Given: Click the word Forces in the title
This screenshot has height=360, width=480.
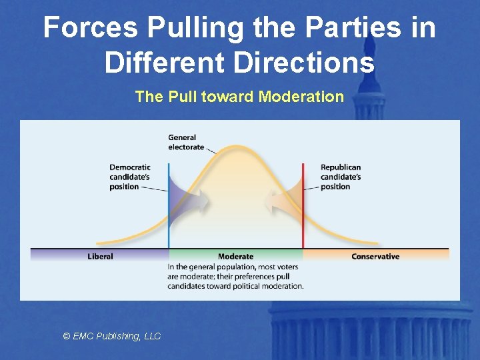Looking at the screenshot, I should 90,28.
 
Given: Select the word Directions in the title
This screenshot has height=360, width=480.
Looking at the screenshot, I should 306,63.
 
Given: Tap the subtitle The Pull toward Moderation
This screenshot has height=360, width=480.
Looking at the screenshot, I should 239,97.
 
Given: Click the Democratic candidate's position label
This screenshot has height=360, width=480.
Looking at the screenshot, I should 130,177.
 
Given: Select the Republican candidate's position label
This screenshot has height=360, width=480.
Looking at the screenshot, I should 341,177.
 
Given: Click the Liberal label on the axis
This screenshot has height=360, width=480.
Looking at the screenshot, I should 100,257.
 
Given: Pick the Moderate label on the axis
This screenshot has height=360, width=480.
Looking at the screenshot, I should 235,257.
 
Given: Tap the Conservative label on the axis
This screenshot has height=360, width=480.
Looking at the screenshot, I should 375,257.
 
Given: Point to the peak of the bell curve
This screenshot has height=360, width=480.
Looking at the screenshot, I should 235,146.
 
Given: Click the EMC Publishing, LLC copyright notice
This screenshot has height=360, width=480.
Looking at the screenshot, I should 112,336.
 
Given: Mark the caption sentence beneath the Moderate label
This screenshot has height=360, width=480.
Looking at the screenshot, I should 235,276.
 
